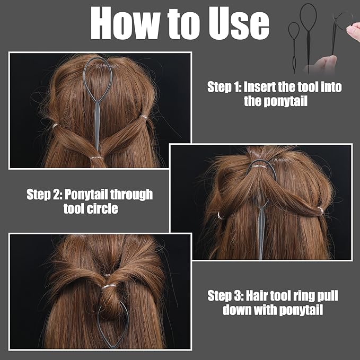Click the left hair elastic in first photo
point(56,126)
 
